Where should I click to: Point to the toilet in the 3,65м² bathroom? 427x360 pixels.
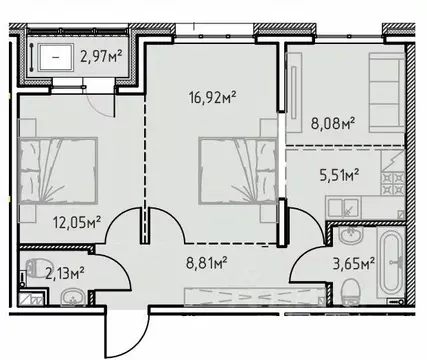click(350, 291)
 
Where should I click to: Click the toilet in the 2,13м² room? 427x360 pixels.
click(34, 268)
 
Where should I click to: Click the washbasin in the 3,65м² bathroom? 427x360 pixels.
click(349, 237)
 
